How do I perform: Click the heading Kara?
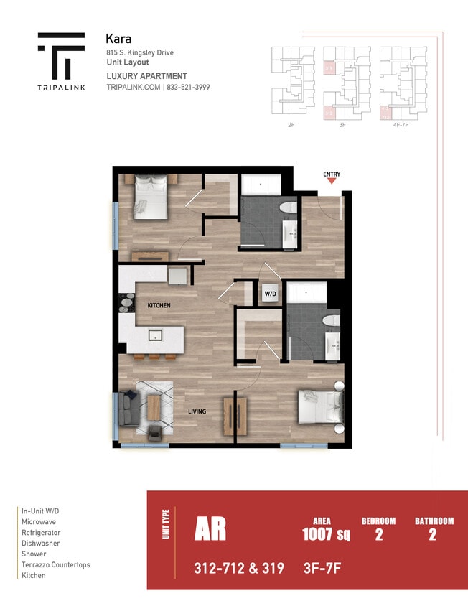(x=118, y=39)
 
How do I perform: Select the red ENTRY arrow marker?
(x=332, y=182)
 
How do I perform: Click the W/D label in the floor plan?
(x=270, y=294)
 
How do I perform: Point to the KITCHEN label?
(x=159, y=306)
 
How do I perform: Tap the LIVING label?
(x=197, y=411)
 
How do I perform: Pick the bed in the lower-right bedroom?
(x=319, y=407)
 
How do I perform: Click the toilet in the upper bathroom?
(x=289, y=210)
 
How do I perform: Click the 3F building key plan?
(x=342, y=80)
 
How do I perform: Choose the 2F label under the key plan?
(x=291, y=124)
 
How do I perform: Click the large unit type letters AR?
(x=210, y=528)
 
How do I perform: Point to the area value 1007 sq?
(x=326, y=534)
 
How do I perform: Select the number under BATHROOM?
(x=432, y=534)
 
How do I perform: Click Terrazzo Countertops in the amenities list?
(x=56, y=565)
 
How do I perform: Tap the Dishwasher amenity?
(x=40, y=544)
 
